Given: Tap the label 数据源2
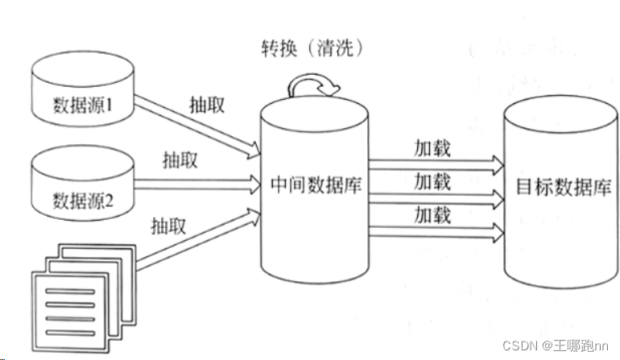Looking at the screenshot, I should (83, 198).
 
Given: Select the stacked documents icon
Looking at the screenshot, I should (73, 299).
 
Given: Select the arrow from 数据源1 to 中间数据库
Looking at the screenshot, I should (197, 124).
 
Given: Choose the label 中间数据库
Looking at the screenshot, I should (313, 185).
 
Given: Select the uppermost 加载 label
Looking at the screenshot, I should (432, 149).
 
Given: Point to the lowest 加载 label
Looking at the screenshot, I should (432, 213).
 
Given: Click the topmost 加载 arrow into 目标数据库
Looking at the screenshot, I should (435, 165).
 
